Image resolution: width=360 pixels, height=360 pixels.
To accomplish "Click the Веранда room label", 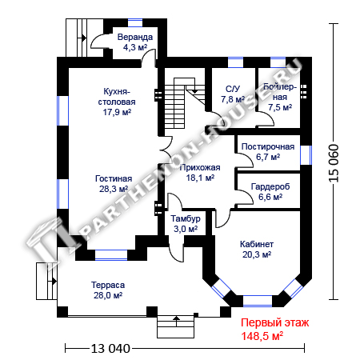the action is [135, 37].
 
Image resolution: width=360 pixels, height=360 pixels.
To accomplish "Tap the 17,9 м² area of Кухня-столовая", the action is [117, 112].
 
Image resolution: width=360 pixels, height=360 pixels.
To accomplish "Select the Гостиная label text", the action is [114, 178].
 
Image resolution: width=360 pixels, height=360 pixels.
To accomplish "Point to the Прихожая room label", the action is [200, 167].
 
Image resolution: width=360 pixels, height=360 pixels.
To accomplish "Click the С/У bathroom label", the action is [233, 89].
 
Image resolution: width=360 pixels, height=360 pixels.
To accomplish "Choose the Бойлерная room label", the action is [280, 92].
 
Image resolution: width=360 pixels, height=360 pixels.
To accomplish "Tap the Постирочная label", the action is [268, 146].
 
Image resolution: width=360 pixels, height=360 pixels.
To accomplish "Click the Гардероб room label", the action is [270, 186].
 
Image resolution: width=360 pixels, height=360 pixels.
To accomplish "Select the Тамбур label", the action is [186, 218].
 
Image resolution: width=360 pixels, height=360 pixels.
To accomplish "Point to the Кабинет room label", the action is [257, 244].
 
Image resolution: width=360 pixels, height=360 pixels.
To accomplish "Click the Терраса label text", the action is [108, 285].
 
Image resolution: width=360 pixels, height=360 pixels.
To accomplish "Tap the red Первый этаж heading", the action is [275, 323].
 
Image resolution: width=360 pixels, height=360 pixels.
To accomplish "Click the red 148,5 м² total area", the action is [262, 336].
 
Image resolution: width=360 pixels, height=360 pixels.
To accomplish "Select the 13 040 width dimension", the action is [110, 348].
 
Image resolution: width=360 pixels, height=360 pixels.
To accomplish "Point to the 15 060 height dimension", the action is [334, 163].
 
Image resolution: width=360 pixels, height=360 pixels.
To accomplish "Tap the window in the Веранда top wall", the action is [135, 22].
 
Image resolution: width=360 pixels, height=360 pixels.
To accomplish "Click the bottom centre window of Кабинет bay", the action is [258, 301].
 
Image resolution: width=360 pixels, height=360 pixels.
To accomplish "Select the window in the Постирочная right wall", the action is [306, 155].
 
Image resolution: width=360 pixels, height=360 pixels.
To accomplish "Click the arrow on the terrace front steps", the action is [176, 321].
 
